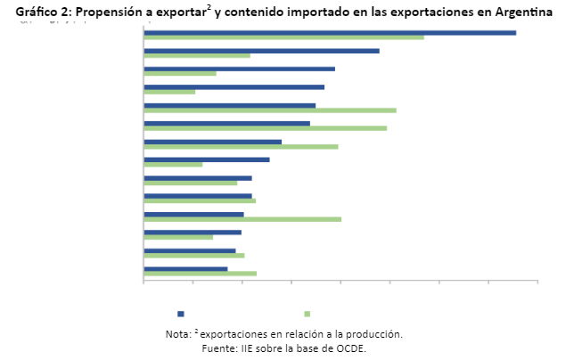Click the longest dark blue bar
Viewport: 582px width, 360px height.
(330, 33)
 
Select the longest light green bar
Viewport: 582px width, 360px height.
(283, 37)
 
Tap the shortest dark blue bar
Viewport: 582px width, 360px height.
(185, 268)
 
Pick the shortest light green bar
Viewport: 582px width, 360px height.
(169, 92)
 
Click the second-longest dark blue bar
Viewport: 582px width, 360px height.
(261, 51)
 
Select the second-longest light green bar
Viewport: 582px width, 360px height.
(270, 110)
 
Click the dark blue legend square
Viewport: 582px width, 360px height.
(181, 314)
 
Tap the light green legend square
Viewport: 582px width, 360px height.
(307, 314)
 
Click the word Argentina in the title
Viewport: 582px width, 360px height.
(521, 12)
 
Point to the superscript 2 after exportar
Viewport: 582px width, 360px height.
(209, 8)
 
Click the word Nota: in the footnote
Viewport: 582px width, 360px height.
(178, 335)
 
